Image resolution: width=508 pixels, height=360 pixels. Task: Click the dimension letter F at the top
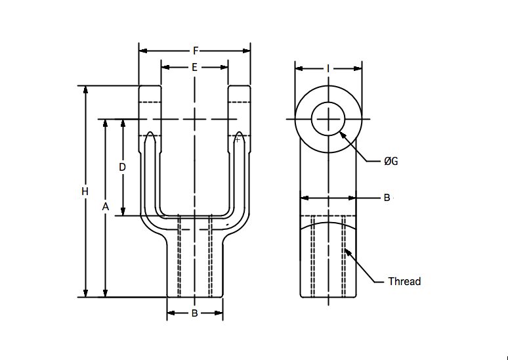click(x=196, y=51)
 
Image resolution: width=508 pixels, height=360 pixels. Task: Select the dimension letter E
click(x=194, y=67)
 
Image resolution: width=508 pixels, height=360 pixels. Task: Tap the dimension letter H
click(x=85, y=192)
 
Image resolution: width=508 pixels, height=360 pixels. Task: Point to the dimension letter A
click(x=105, y=206)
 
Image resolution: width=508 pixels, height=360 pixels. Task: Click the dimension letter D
click(x=122, y=168)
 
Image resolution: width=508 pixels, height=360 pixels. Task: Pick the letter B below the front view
click(x=194, y=313)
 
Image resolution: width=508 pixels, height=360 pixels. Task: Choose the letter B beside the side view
click(x=387, y=198)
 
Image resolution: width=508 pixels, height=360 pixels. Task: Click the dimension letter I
click(x=328, y=68)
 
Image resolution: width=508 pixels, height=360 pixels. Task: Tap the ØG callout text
click(x=391, y=161)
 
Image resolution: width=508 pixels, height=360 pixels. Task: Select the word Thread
click(x=404, y=281)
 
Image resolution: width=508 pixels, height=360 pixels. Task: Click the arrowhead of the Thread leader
click(x=347, y=252)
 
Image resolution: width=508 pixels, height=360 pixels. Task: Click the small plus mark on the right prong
click(x=238, y=140)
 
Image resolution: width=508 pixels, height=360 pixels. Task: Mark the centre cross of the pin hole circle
click(x=329, y=120)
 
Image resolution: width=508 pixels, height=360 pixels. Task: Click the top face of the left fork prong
click(x=150, y=85)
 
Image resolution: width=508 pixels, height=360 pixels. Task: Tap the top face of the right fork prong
click(x=239, y=85)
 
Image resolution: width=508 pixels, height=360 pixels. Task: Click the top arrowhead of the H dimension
click(x=85, y=90)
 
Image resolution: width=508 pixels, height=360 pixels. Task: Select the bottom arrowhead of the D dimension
click(x=123, y=212)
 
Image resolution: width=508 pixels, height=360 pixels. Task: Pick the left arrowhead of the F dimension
click(x=143, y=51)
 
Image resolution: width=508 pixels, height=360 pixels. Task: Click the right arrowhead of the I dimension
click(x=357, y=68)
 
